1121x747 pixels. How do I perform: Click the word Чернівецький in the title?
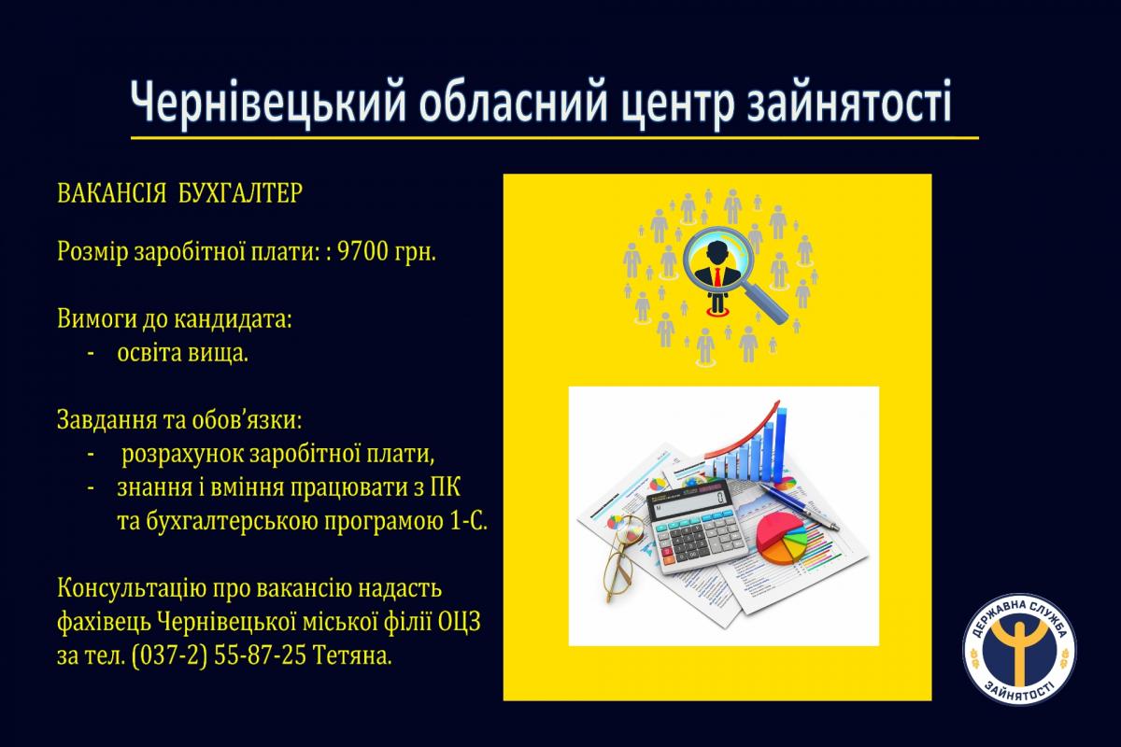[268, 103]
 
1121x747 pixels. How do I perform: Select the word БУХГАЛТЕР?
[240, 192]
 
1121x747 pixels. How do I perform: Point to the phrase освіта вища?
[183, 353]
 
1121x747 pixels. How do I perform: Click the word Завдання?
[106, 421]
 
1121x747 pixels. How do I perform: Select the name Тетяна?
[352, 655]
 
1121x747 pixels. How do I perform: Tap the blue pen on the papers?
[800, 506]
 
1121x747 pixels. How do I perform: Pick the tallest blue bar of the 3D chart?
[781, 444]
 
